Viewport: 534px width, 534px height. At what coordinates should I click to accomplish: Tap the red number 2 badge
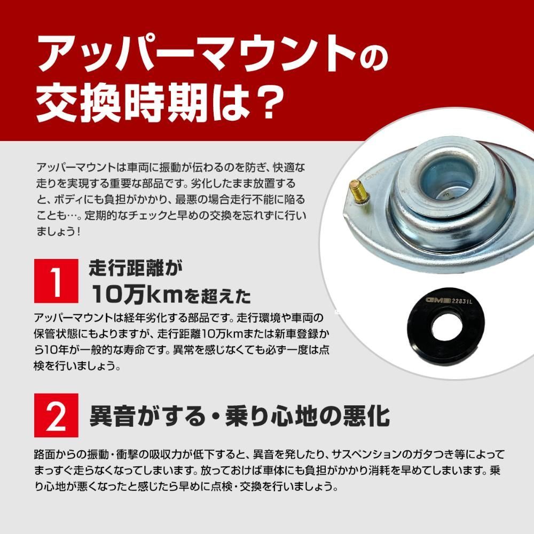pos(56,415)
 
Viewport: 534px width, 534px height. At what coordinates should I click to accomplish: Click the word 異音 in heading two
pos(109,415)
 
